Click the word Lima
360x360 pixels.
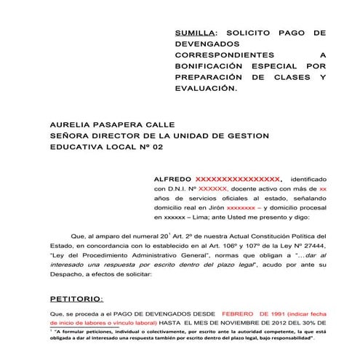tap(204, 217)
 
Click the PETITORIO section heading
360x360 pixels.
tap(76, 299)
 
